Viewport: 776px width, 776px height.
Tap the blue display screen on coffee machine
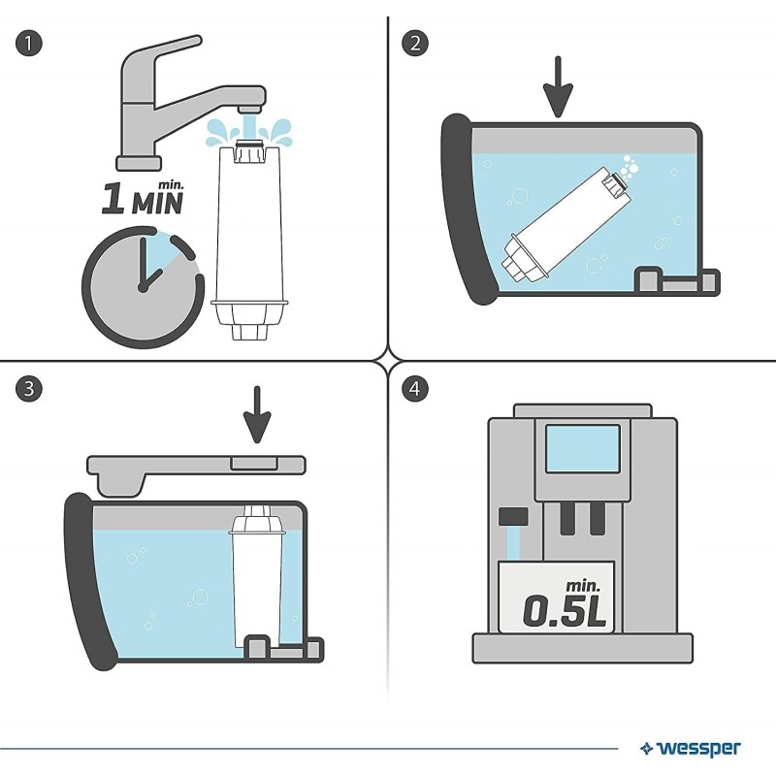point(582,447)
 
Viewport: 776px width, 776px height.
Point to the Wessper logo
point(691,748)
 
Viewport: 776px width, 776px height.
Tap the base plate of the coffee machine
point(582,647)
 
